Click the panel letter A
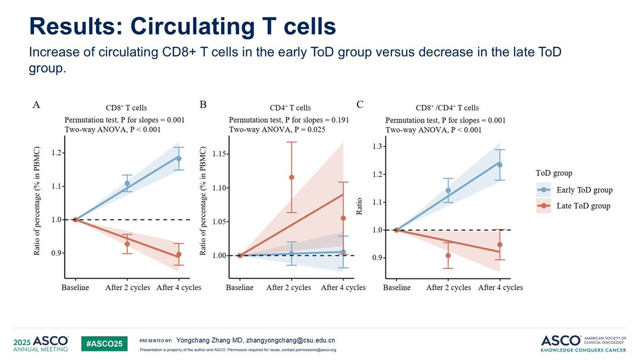point(36,105)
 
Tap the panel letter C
point(360,105)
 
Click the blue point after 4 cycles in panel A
point(179,158)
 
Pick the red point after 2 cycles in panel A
point(127,244)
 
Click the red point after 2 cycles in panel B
point(291,177)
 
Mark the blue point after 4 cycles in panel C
point(500,165)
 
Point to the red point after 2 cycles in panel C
point(448,255)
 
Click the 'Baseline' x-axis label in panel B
point(240,287)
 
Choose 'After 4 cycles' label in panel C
point(500,287)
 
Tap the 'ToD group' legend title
point(555,173)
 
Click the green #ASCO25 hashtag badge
point(105,344)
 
